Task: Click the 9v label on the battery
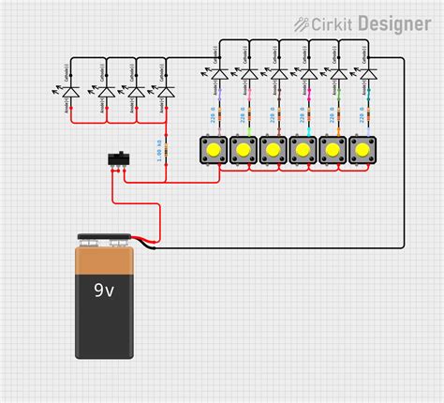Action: [104, 291]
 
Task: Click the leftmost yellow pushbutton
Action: [213, 149]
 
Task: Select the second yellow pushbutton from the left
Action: [243, 149]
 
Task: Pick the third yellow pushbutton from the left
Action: [273, 149]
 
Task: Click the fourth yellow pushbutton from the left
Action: [303, 149]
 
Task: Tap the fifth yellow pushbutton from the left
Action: [333, 149]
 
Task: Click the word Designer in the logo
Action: [394, 23]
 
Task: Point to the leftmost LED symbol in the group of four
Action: [76, 92]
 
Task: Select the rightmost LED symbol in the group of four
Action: [166, 92]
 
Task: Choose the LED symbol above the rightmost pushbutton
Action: [368, 74]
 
